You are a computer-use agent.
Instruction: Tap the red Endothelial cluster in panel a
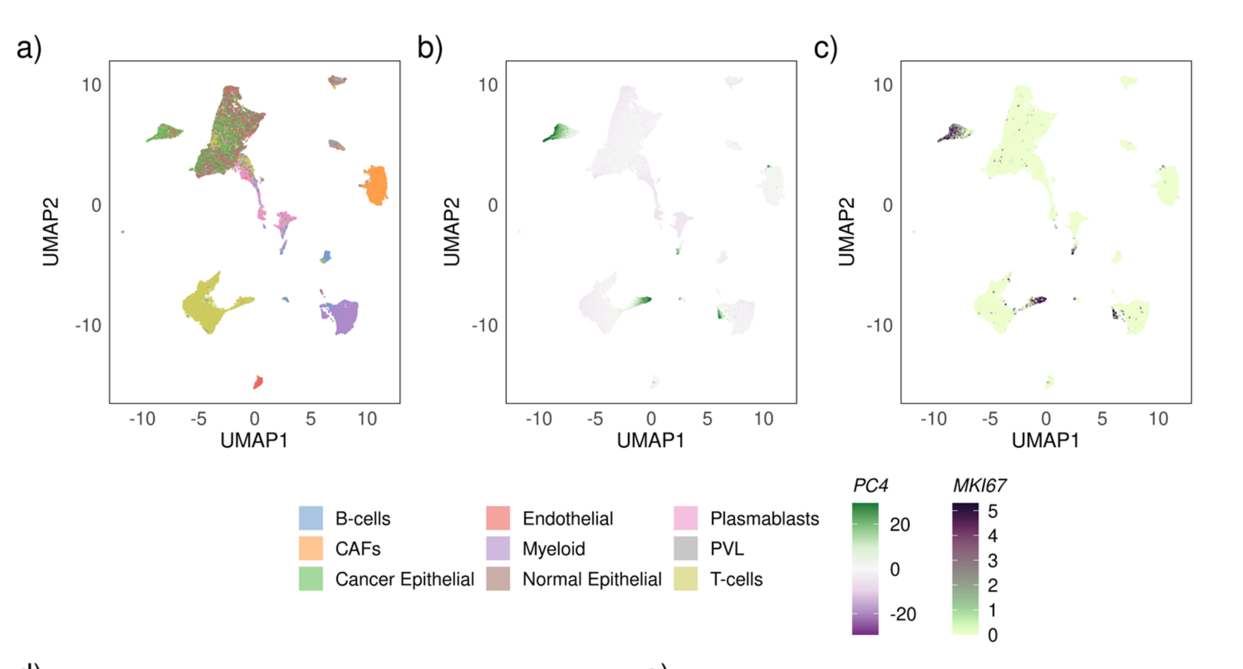tap(258, 383)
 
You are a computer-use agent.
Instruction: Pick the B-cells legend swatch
tap(311, 518)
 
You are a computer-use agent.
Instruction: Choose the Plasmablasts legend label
tap(764, 518)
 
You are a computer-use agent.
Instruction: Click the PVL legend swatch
tap(686, 548)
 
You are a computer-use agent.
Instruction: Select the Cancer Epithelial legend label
tap(404, 579)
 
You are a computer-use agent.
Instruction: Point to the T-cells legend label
tap(736, 579)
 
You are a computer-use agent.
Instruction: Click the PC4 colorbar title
tap(870, 485)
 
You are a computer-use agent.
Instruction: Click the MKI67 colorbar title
tap(979, 485)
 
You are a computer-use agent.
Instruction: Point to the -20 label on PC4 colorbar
tap(903, 614)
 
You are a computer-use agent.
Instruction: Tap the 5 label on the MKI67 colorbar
tap(992, 511)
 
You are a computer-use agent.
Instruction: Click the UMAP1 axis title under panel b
tap(650, 440)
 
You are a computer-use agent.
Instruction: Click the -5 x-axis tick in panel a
tap(198, 418)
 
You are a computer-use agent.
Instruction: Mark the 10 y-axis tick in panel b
tap(488, 85)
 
